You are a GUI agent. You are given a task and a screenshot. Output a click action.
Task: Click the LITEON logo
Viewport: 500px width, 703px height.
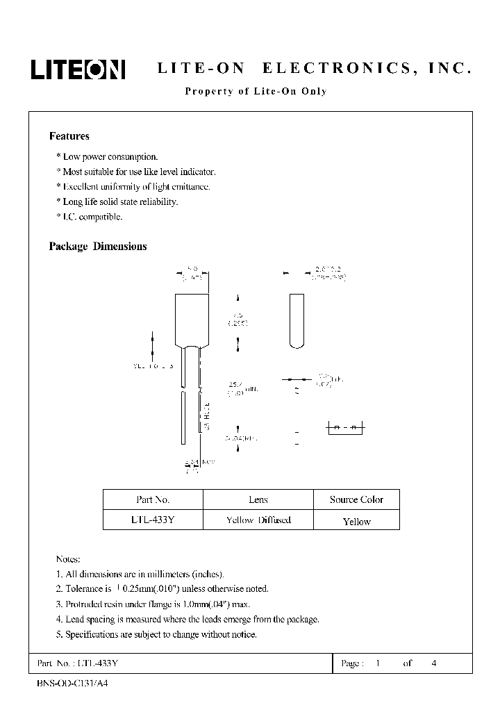tap(76, 69)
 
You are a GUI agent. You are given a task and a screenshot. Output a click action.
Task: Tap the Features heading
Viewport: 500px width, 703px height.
tap(69, 136)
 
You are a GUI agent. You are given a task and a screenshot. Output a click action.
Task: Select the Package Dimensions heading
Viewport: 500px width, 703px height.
tap(97, 247)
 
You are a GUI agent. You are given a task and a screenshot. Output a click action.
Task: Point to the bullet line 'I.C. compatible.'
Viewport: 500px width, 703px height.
tap(89, 217)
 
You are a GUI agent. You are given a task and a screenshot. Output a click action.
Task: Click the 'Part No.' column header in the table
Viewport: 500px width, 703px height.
tap(153, 499)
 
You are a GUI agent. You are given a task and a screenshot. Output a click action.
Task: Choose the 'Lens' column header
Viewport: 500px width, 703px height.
tap(258, 499)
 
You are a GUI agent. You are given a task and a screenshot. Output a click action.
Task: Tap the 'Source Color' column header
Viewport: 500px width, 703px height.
tap(356, 499)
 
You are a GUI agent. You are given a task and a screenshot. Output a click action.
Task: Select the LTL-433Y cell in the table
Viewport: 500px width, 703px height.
tap(153, 520)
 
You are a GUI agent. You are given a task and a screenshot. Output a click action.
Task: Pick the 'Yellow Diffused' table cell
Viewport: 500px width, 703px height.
tap(258, 520)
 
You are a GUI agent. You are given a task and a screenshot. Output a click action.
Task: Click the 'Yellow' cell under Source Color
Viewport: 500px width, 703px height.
tap(356, 521)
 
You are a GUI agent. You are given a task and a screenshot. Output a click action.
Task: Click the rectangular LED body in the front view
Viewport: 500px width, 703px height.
tap(191, 320)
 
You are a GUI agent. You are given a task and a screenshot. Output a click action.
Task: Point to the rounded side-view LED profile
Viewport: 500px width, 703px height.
tap(296, 320)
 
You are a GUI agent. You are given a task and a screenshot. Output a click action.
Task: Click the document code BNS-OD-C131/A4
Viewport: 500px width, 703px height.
tap(72, 683)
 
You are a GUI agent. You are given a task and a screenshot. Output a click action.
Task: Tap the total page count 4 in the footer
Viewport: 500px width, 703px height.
tap(434, 663)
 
